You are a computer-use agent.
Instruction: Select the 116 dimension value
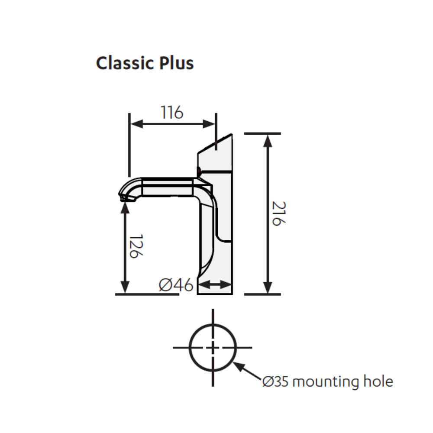(x=172, y=113)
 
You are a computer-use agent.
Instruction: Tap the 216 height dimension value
(x=279, y=213)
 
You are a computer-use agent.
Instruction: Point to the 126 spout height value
(x=136, y=246)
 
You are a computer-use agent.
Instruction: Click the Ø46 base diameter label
(x=176, y=285)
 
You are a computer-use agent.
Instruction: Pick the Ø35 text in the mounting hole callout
(x=275, y=381)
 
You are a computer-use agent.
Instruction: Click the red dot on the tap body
(x=198, y=171)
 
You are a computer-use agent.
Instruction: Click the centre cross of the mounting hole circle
(x=213, y=347)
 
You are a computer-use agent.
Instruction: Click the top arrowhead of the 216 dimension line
(x=268, y=141)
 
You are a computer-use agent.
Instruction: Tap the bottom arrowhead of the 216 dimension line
(x=268, y=287)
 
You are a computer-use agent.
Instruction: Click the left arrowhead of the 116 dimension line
(x=136, y=124)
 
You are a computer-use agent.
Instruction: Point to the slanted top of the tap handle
(x=215, y=144)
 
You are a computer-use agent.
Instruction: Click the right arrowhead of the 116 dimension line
(x=209, y=124)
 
